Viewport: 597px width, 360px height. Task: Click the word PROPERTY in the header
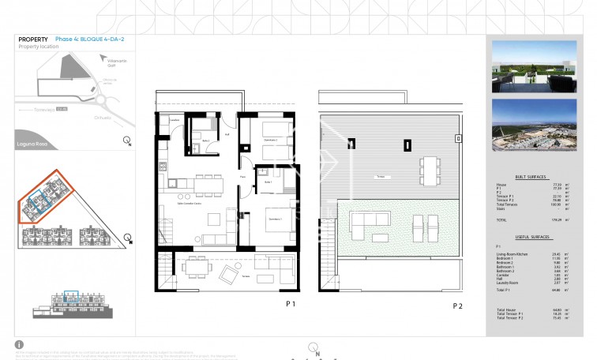pos(32,39)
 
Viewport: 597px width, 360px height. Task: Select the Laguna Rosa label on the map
pos(32,144)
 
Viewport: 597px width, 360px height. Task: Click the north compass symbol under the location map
pos(127,141)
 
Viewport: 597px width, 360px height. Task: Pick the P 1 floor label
pos(290,303)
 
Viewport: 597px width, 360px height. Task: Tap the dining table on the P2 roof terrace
pos(429,169)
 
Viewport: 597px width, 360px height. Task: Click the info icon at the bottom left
pos(20,344)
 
